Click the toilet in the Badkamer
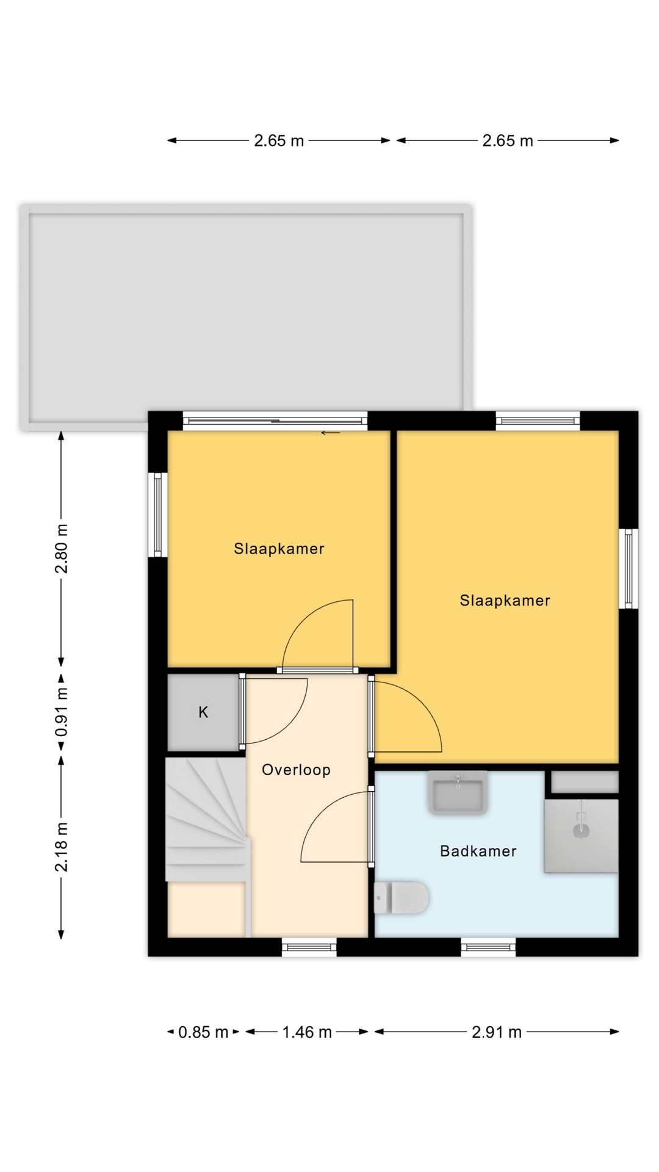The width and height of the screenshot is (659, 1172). pos(401,897)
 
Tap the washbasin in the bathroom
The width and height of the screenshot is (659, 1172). pos(458,793)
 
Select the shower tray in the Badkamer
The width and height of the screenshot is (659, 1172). pos(582,836)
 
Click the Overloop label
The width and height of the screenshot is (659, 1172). pos(296,770)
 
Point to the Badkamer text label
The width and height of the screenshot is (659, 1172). pos(478,851)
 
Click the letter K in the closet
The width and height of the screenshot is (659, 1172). pos(203,712)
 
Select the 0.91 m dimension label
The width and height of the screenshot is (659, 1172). pos(62,712)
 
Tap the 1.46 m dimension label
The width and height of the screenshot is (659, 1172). pos(307,1032)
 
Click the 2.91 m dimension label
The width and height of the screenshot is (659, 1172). pos(497,1032)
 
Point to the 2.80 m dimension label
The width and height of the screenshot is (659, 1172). pos(62,549)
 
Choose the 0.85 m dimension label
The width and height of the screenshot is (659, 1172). pos(203,1032)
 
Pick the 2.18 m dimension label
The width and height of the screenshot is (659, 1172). pos(62,847)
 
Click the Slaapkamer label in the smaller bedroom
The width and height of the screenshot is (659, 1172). pos(279,549)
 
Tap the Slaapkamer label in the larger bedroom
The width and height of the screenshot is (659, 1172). pos(505,601)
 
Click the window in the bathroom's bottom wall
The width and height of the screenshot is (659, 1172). pos(488,947)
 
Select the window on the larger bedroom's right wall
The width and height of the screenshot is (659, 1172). pos(628,569)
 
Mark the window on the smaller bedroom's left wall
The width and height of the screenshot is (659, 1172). pos(157,515)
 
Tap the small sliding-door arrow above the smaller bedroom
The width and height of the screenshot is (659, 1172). pos(331,433)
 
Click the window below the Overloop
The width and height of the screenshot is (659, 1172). pos(309,947)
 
